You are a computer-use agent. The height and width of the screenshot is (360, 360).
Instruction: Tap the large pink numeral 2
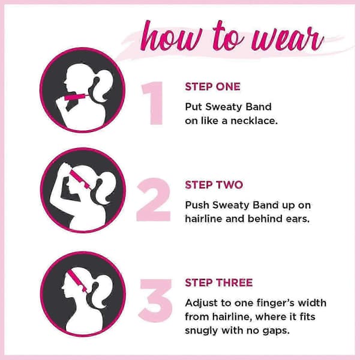click(x=154, y=200)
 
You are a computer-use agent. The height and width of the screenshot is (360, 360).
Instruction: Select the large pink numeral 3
click(x=156, y=301)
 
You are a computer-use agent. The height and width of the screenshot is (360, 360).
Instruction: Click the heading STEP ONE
click(x=212, y=87)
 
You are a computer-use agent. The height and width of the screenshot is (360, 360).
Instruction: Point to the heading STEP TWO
click(x=214, y=185)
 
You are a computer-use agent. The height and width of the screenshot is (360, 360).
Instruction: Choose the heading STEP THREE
click(x=219, y=283)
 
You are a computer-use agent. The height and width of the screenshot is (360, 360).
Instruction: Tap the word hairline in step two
click(x=203, y=218)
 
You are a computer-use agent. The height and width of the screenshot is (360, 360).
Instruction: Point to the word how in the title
click(x=172, y=37)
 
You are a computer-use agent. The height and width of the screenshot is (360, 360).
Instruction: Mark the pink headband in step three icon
click(x=77, y=280)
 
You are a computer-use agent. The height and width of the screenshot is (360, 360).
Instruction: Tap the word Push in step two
click(x=197, y=205)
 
